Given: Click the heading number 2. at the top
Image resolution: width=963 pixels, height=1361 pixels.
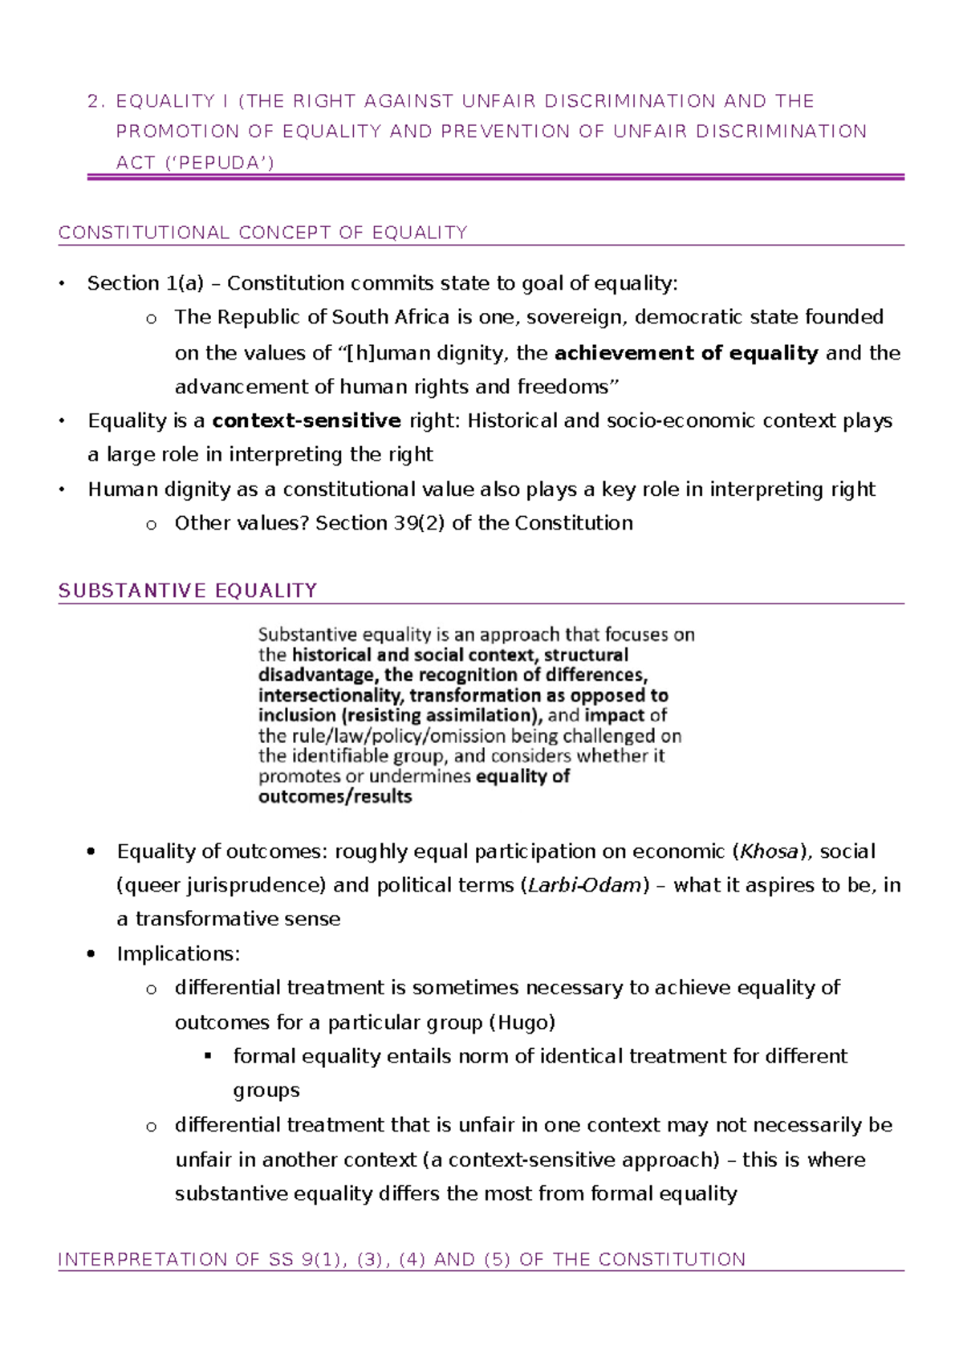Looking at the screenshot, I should [x=95, y=102].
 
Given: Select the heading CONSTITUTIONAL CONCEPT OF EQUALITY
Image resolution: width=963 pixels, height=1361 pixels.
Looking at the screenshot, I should [x=262, y=233].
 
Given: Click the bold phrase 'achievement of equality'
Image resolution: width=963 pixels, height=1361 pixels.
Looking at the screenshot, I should [x=686, y=353].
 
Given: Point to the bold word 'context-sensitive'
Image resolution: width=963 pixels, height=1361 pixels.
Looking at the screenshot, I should [x=306, y=420].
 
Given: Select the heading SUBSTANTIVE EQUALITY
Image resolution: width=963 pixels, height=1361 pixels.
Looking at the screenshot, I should [x=188, y=591].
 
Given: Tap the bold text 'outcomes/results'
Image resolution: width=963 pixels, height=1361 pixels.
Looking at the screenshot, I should [x=335, y=797].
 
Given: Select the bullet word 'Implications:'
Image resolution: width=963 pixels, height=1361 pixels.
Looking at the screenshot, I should [x=178, y=953].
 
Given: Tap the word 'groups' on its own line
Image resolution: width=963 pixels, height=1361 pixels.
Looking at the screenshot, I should [x=266, y=1091].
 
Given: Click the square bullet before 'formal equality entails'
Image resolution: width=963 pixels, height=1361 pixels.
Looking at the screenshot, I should [x=209, y=1056].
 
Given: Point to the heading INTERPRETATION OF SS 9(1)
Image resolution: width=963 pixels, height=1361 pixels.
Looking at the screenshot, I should [x=401, y=1260].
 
